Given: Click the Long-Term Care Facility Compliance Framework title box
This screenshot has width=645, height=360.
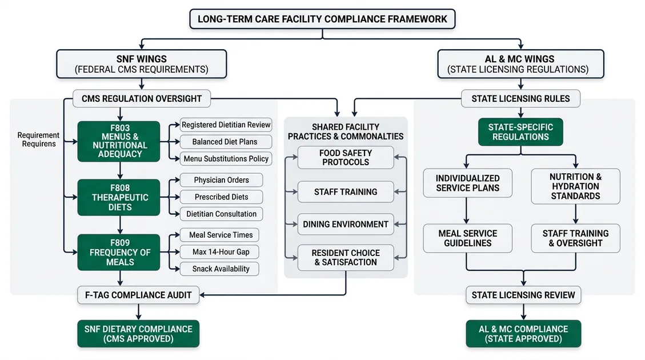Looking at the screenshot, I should click(x=322, y=19).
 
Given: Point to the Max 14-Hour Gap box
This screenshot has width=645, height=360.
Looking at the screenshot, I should click(x=217, y=251).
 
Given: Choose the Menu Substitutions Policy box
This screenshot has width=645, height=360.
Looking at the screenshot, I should click(x=225, y=158).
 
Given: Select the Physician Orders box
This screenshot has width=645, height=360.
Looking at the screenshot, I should click(x=221, y=180).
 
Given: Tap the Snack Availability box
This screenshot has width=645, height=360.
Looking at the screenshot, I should click(x=217, y=269).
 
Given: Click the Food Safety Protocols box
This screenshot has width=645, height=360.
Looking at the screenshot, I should click(x=345, y=157).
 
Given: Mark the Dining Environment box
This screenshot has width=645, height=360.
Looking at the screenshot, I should click(x=345, y=224).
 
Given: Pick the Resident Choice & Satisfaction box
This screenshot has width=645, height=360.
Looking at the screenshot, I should click(x=345, y=257).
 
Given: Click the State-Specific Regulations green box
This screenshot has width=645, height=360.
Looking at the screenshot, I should click(x=520, y=132).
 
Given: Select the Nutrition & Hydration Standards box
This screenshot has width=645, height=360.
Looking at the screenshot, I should click(x=575, y=186).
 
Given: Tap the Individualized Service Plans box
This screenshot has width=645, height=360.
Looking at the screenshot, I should click(x=467, y=183).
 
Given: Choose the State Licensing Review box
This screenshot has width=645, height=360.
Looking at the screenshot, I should click(x=523, y=295).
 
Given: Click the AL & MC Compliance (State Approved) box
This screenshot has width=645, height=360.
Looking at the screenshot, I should click(x=523, y=334).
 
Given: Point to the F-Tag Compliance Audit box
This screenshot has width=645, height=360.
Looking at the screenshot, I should click(x=138, y=295).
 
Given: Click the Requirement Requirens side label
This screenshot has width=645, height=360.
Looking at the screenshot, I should click(x=38, y=139).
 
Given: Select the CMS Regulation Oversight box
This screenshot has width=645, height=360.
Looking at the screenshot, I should click(x=141, y=98).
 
